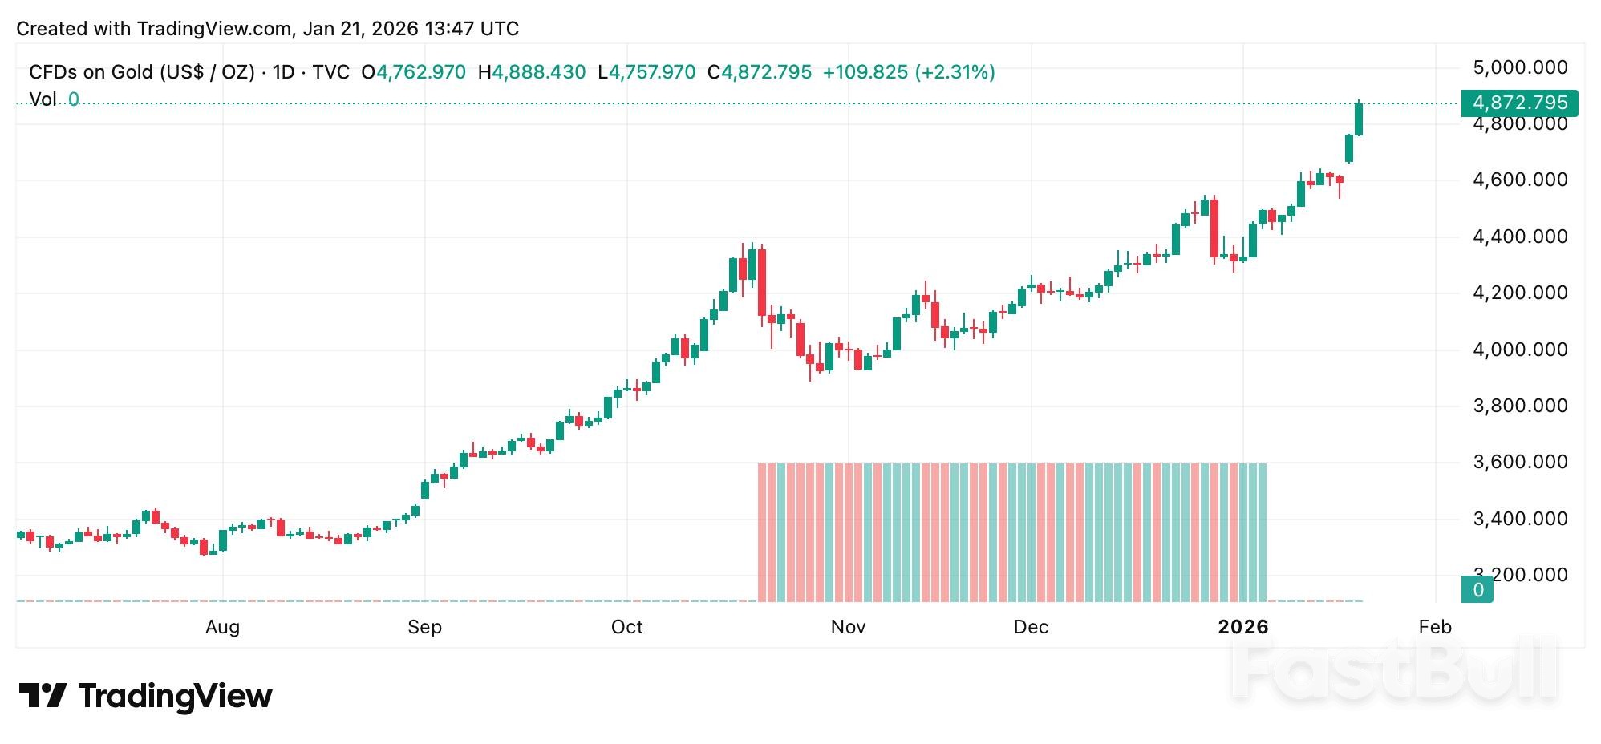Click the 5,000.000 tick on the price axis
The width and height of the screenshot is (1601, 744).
[x=1519, y=67]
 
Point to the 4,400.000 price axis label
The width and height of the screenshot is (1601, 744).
[x=1519, y=237]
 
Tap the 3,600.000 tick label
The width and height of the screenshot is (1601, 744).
[x=1519, y=462]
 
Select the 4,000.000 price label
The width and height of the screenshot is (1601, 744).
[x=1519, y=350]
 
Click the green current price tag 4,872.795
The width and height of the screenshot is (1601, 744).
[x=1519, y=103]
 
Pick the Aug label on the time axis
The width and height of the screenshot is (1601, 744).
[x=222, y=627]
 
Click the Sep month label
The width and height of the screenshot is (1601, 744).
[x=424, y=627]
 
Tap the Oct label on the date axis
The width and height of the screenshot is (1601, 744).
[x=626, y=627]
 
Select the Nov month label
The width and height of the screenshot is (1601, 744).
[x=848, y=627]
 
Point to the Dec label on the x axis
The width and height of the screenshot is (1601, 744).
[x=1031, y=627]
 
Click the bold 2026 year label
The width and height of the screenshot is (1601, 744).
[x=1242, y=627]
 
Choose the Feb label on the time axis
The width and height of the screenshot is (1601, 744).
[x=1434, y=627]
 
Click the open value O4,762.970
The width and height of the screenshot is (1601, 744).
[x=413, y=72]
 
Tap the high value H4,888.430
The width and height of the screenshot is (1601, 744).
[x=532, y=72]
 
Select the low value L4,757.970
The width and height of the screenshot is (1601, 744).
[x=646, y=72]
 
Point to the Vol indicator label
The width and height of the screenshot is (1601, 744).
[x=43, y=99]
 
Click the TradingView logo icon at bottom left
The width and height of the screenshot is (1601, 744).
[x=42, y=695]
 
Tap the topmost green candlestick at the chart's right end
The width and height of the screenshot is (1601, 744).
[x=1358, y=119]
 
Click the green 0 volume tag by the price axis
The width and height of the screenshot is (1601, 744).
[x=1477, y=590]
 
